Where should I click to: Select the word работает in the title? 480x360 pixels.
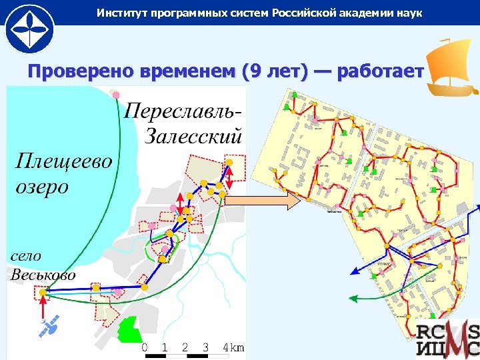[x=381, y=71]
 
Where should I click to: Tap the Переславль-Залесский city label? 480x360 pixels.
[x=183, y=123]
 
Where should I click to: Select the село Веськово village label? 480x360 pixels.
[x=41, y=265]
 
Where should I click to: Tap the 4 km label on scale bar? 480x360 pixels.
[x=233, y=348]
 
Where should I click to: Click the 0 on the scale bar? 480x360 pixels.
[x=145, y=348]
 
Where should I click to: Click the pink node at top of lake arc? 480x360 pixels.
[x=117, y=94]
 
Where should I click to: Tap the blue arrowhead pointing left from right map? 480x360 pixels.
[x=355, y=271]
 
